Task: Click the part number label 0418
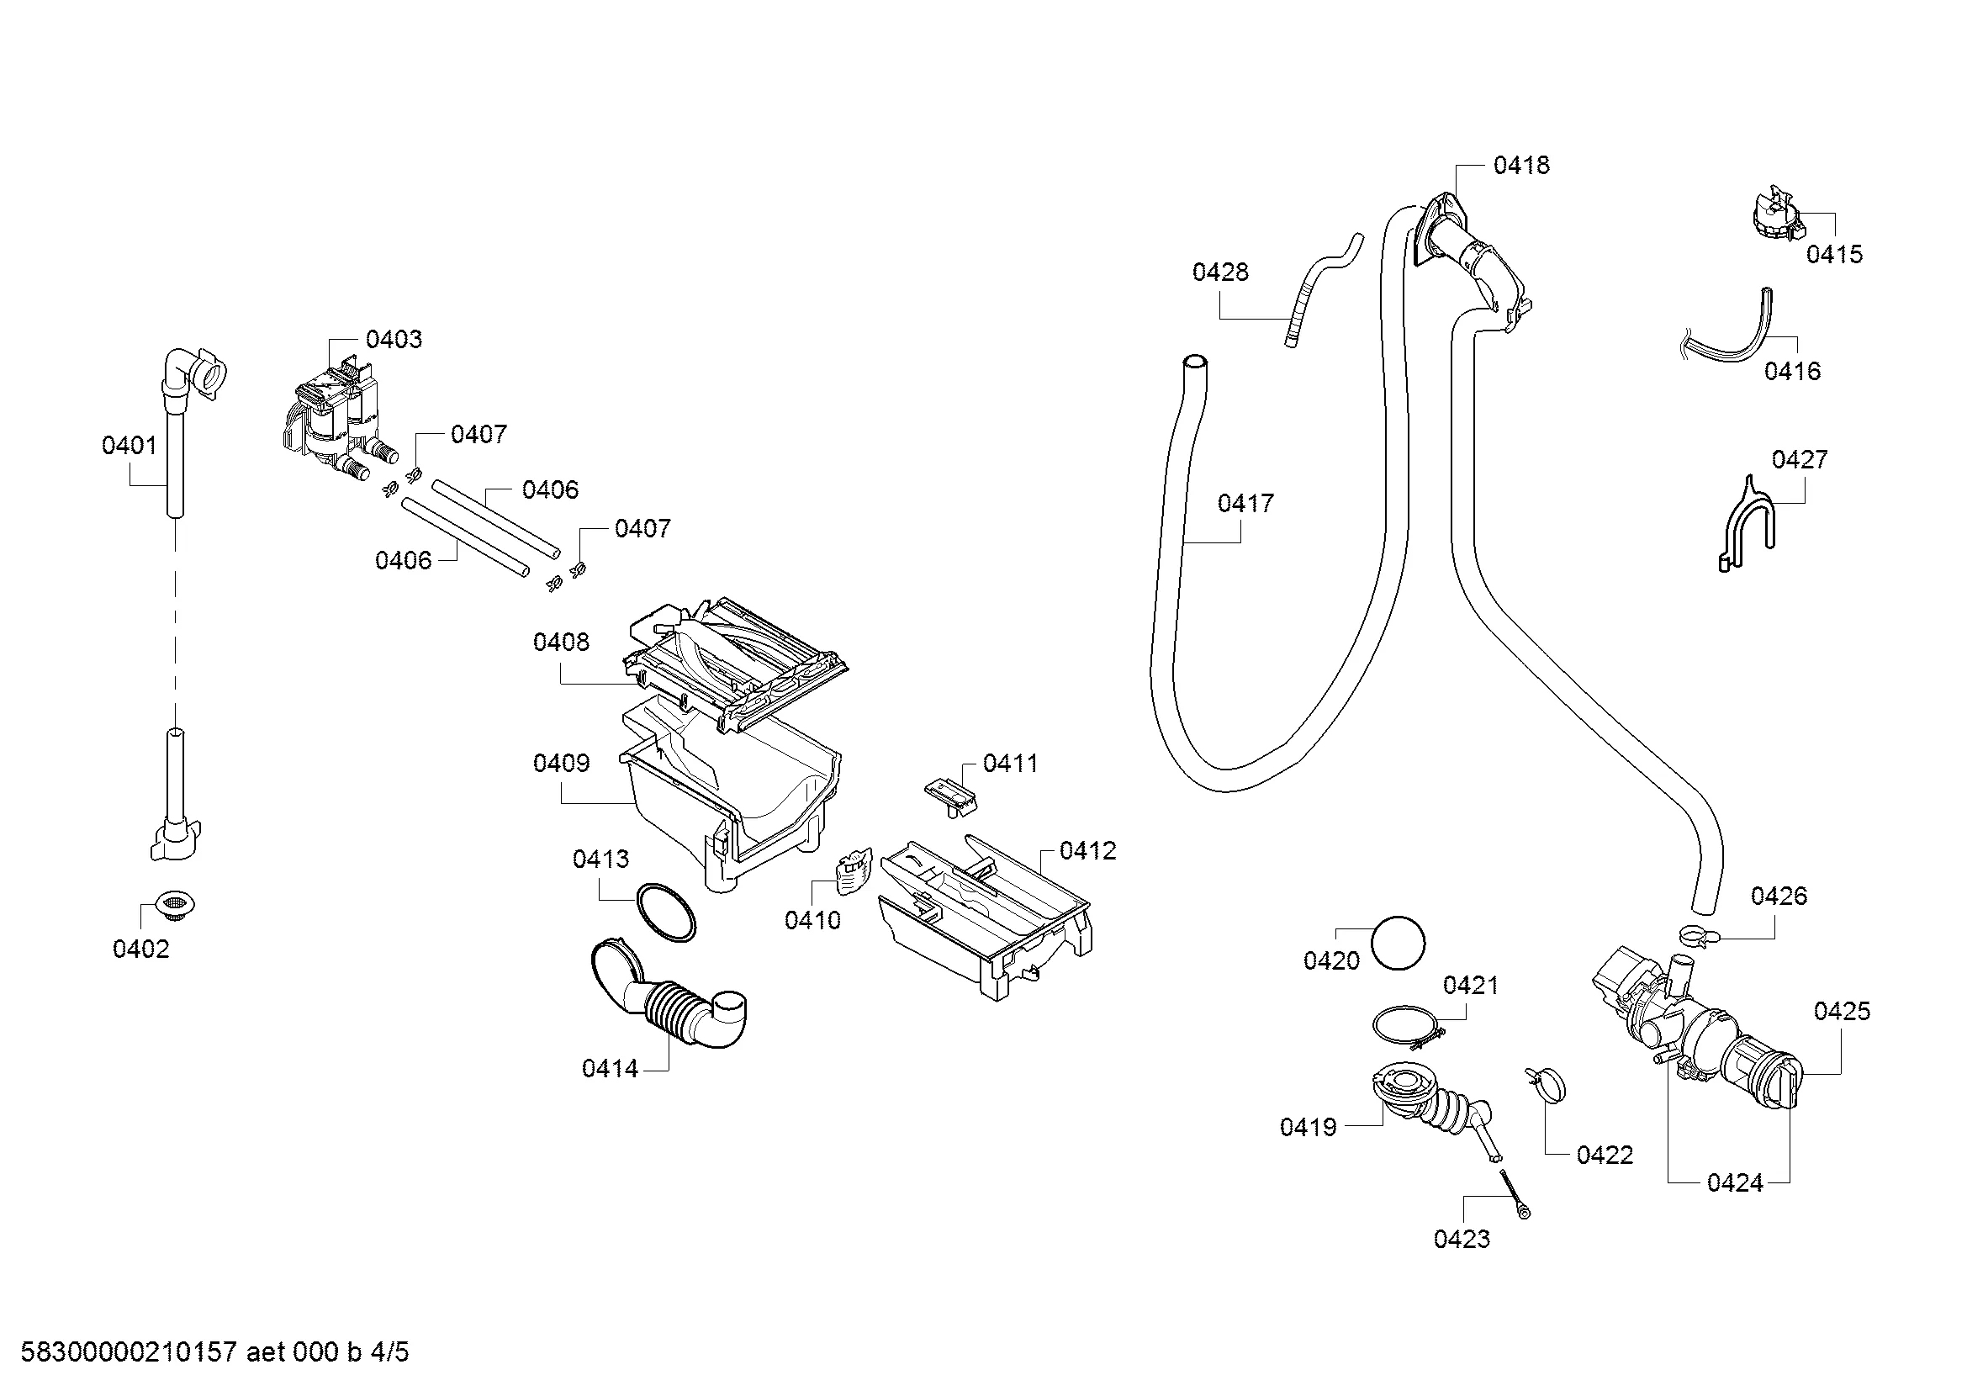click(x=1520, y=166)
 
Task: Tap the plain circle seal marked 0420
click(x=1399, y=943)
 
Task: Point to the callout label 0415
click(x=1834, y=254)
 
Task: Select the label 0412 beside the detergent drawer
click(x=1088, y=850)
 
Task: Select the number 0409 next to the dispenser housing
click(x=561, y=763)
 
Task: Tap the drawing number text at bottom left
click(x=214, y=1351)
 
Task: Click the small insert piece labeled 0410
click(x=852, y=871)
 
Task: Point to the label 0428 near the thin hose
click(x=1220, y=272)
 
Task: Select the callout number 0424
click(x=1735, y=1183)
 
